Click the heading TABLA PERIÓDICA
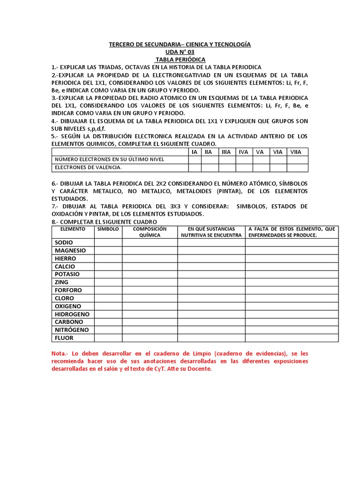point(180,60)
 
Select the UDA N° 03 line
point(180,52)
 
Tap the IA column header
point(195,151)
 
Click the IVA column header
point(243,151)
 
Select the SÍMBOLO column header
point(108,229)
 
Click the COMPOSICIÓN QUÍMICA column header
point(150,232)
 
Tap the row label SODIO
point(64,243)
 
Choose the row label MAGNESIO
point(70,251)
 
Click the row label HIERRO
point(65,259)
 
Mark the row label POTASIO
point(67,274)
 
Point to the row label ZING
point(61,282)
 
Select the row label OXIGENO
point(68,306)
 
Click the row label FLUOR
point(64,338)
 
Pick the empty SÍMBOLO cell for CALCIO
point(108,267)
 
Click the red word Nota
point(59,353)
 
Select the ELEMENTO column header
point(73,229)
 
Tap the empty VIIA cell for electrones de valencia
point(297,167)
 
